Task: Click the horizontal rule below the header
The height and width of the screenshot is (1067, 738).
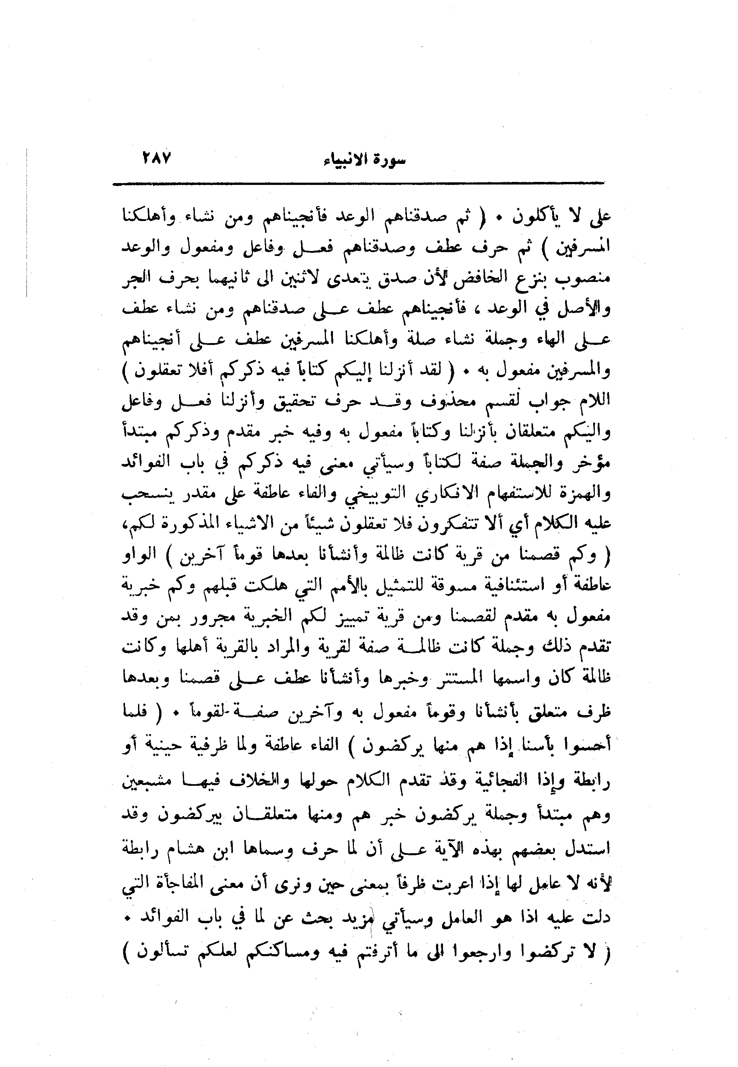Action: click(358, 185)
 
